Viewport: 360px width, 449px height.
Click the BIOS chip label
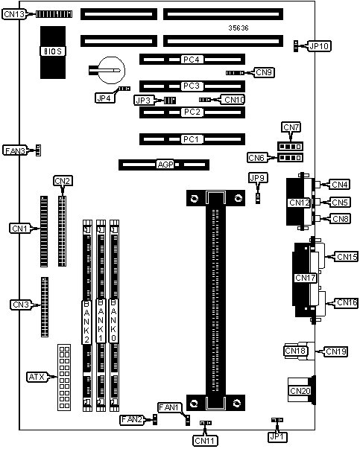click(53, 51)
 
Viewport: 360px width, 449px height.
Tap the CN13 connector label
click(14, 14)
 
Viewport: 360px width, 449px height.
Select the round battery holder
click(111, 70)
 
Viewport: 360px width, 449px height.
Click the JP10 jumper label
click(320, 46)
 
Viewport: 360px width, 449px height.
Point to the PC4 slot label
click(191, 60)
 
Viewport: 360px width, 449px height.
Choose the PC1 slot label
click(191, 139)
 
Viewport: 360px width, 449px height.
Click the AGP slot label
click(165, 165)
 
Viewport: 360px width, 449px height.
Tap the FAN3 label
click(15, 150)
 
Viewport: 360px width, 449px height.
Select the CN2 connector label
click(63, 181)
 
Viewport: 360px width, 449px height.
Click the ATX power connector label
click(37, 377)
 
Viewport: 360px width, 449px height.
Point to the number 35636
click(239, 28)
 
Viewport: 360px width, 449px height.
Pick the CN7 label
click(291, 127)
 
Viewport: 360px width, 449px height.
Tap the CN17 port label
click(306, 278)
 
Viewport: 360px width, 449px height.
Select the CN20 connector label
click(300, 391)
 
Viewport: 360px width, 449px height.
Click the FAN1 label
click(169, 407)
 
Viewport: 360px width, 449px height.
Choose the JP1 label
click(278, 436)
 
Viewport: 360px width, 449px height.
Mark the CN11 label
click(205, 440)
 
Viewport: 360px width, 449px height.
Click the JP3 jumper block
click(170, 101)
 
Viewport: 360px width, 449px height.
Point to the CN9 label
click(264, 72)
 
